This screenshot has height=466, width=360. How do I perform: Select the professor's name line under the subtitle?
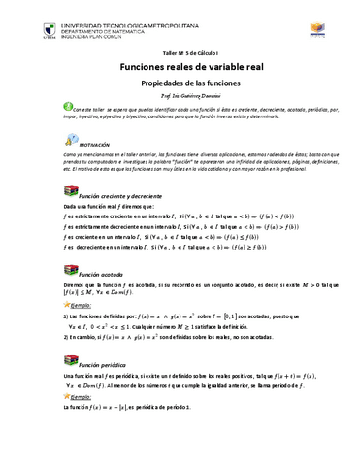click(x=181, y=101)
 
